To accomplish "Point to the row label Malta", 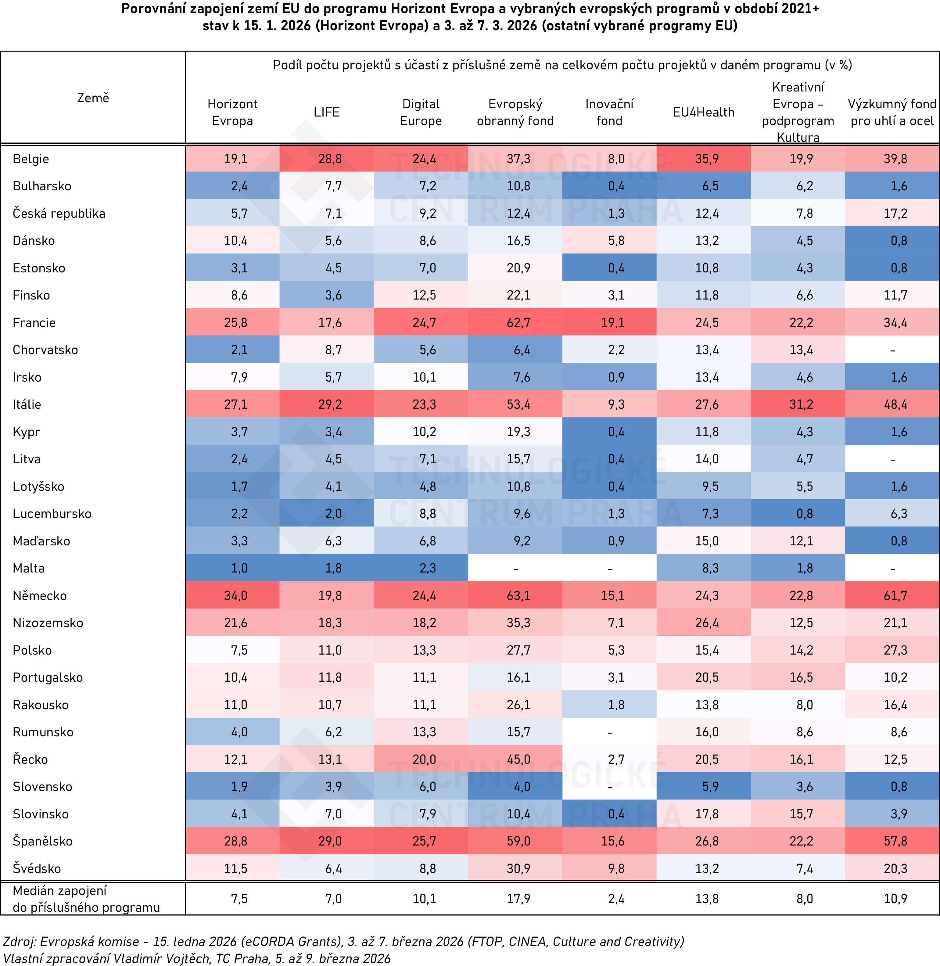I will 29,568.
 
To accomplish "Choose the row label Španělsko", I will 42,841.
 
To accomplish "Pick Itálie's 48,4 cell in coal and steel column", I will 895,404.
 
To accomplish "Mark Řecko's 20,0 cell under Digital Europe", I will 424,759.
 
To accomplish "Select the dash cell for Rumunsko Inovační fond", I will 610,732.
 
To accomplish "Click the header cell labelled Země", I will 93,98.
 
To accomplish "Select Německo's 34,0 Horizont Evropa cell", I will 235,595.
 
